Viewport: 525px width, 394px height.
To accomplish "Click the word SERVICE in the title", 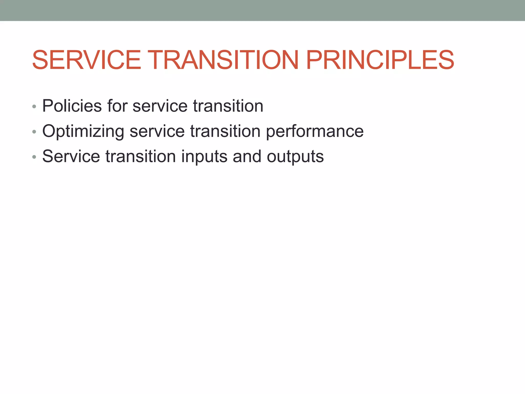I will pos(87,60).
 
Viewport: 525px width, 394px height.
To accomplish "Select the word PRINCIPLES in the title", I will pos(380,60).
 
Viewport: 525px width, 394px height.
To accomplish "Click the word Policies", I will pos(72,106).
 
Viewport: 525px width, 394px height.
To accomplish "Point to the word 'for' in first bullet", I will pos(117,106).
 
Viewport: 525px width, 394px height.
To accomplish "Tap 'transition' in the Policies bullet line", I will pos(228,106).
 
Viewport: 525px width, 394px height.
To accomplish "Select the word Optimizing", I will pos(83,131).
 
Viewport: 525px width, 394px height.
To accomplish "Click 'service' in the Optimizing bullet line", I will pos(157,131).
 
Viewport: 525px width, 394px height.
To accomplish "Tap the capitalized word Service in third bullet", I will pos(71,156).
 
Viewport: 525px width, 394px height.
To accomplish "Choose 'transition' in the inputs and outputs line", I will pos(141,156).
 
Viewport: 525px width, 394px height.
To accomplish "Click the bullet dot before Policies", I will pos(34,107).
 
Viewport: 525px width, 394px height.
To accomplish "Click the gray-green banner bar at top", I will pos(262,10).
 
